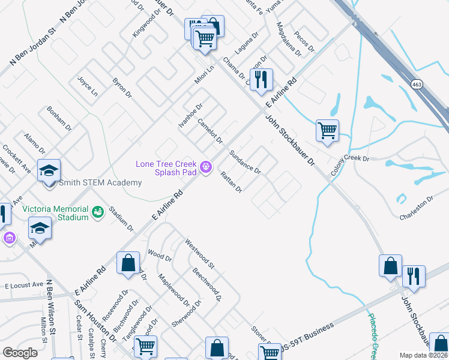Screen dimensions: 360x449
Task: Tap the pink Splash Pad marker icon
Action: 206,167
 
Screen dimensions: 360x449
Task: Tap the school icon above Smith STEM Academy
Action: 49,171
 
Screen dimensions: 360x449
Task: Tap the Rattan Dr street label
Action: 231,182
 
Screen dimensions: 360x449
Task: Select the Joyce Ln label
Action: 88,88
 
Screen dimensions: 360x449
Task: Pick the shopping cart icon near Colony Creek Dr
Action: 327,130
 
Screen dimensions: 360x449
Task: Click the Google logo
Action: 20,353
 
